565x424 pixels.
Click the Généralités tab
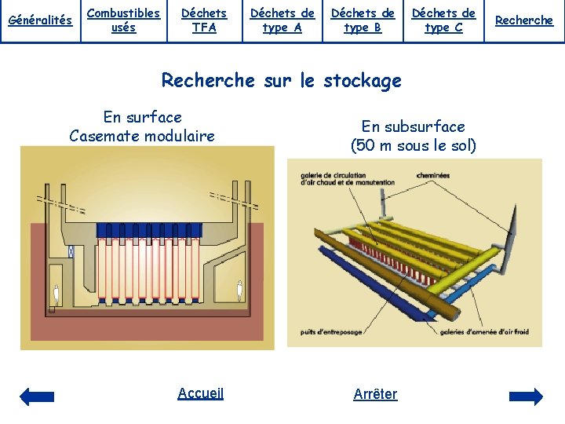pos(39,20)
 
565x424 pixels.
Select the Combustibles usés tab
pos(123,20)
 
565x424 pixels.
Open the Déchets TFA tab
pos(204,20)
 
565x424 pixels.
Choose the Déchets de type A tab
pos(282,20)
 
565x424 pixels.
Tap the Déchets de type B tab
pos(363,20)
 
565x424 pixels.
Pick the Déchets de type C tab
pos(443,20)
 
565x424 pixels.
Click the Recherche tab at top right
pos(524,20)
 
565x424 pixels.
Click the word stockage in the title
pos(362,80)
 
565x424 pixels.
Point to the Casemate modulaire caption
pos(142,136)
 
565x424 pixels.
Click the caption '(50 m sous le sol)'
pos(414,145)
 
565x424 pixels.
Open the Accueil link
pos(200,393)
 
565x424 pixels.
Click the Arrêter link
pos(375,394)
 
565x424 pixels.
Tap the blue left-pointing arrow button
pos(37,397)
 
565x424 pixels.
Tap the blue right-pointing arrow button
pos(526,397)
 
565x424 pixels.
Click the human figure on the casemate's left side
pos(56,296)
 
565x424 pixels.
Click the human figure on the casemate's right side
pos(240,291)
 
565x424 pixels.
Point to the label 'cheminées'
pos(432,176)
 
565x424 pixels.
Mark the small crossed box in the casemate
pos(71,252)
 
